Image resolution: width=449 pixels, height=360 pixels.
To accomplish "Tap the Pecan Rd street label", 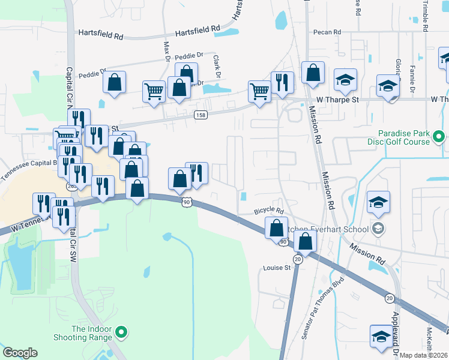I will [x=327, y=32].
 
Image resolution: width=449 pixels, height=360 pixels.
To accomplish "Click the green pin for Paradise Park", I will [x=439, y=138].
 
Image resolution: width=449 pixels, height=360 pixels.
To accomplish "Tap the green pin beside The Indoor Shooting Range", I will [x=121, y=331].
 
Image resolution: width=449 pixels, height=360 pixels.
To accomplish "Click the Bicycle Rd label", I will [x=268, y=211].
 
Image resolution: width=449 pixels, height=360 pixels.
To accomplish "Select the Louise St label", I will [x=276, y=268].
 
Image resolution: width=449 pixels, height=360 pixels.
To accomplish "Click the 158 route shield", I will [x=200, y=115].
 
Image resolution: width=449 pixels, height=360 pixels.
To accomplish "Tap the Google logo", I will [x=20, y=353].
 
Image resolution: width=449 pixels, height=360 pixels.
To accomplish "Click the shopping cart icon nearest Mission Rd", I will [x=259, y=92].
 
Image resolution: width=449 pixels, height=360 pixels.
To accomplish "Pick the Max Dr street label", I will [x=166, y=52].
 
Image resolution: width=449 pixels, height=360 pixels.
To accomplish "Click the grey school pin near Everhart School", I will [x=378, y=229].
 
